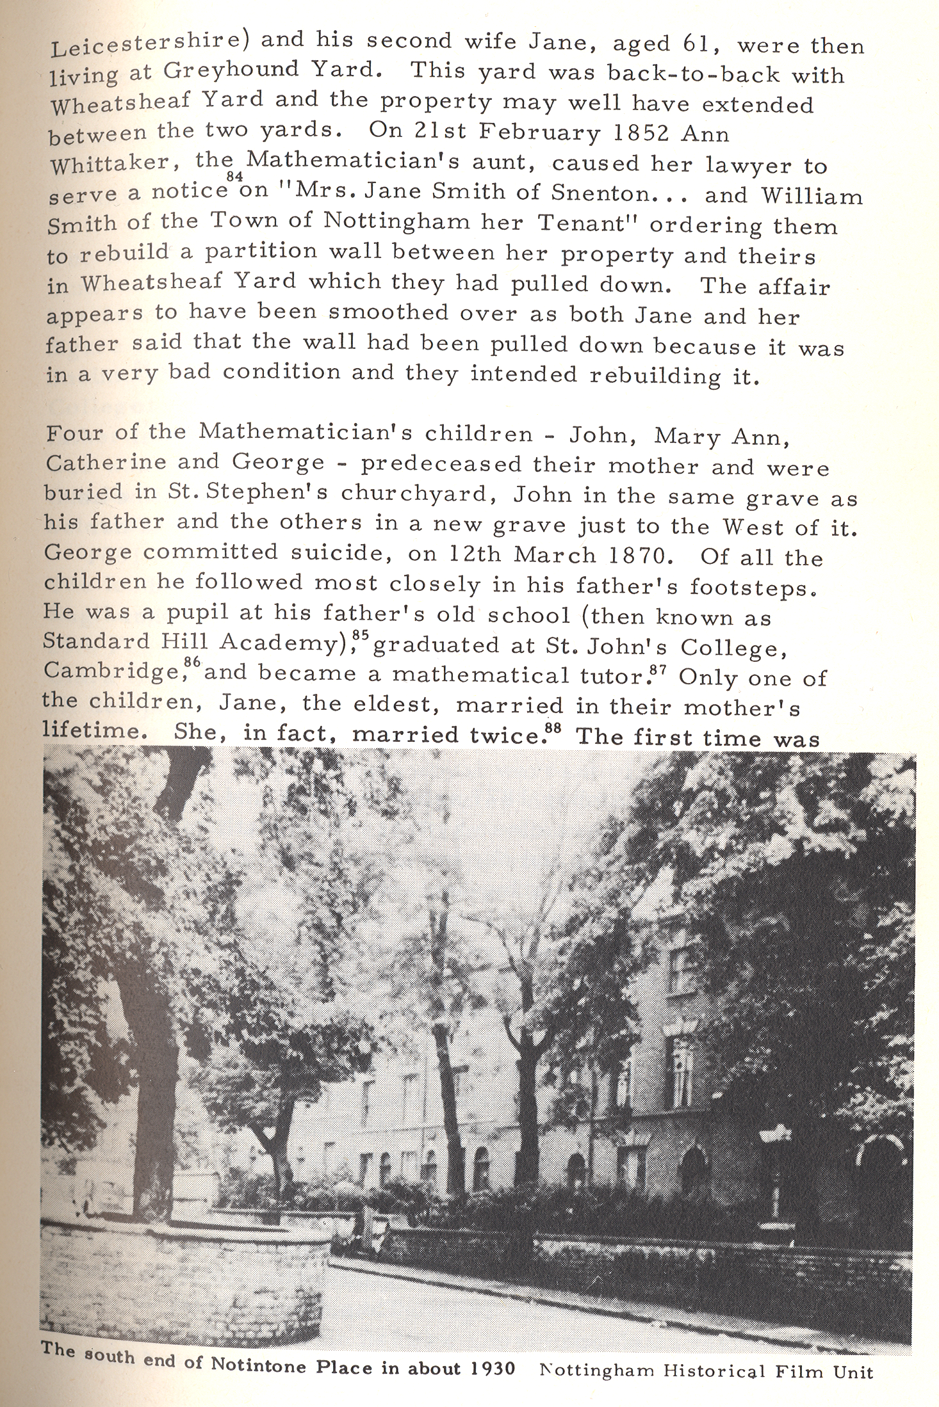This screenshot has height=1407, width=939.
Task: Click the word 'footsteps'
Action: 746,587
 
